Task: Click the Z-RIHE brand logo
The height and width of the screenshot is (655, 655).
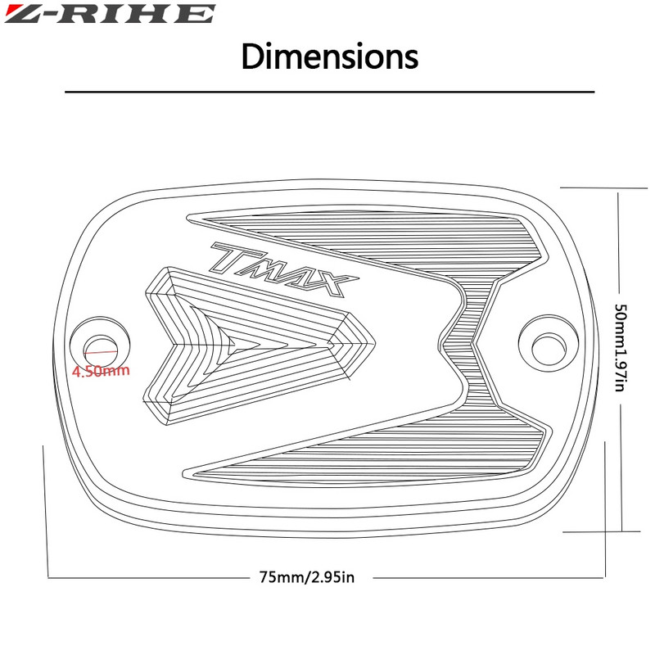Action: click(110, 13)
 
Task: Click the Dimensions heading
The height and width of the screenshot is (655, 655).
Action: click(330, 56)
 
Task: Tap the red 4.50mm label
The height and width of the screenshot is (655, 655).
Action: click(101, 371)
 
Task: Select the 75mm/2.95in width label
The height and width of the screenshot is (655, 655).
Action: click(307, 577)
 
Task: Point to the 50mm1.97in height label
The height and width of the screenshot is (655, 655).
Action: click(621, 347)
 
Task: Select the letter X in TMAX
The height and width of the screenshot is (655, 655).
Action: click(334, 284)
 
